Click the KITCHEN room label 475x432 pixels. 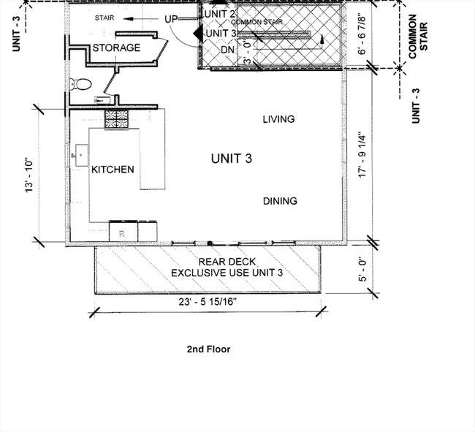(113, 170)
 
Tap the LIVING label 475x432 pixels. (278, 119)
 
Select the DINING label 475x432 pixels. (280, 201)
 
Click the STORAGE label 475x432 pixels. (116, 48)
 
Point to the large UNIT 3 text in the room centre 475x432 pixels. (232, 159)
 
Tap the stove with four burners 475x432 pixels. (116, 118)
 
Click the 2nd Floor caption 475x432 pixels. (208, 349)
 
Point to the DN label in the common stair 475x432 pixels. (228, 49)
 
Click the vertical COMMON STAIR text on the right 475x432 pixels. (414, 35)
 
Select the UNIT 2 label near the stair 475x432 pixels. (220, 14)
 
